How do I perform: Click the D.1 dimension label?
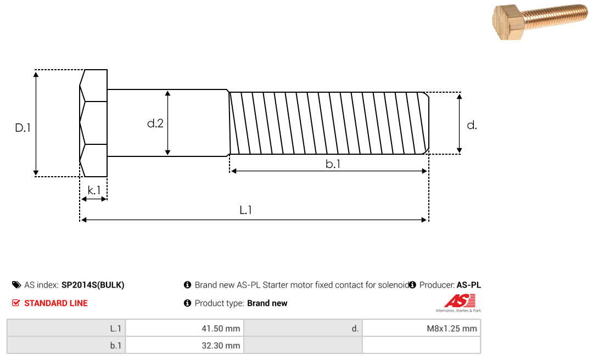click(x=23, y=128)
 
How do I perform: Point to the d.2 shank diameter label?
click(x=155, y=123)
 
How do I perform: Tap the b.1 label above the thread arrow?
click(x=333, y=164)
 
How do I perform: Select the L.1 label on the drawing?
click(x=246, y=210)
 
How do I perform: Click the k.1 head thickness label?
click(x=94, y=190)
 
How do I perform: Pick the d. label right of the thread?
click(x=472, y=125)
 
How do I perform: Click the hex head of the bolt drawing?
click(x=93, y=123)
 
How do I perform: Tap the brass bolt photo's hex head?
click(x=508, y=22)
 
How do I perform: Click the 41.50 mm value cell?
click(x=184, y=328)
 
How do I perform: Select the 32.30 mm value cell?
click(x=184, y=345)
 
